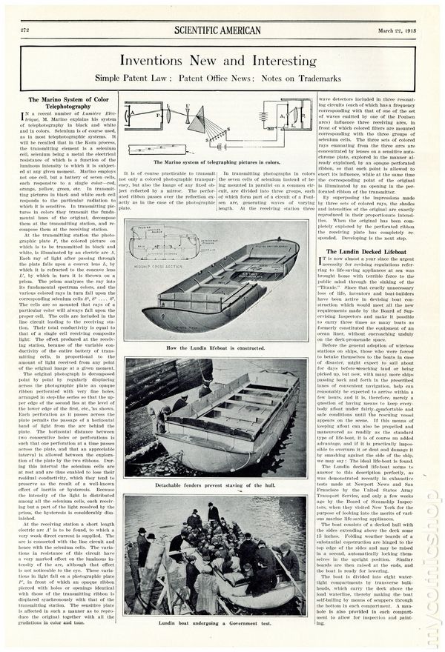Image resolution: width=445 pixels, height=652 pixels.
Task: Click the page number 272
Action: (26, 30)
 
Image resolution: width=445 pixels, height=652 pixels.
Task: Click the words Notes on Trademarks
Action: (297, 77)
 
